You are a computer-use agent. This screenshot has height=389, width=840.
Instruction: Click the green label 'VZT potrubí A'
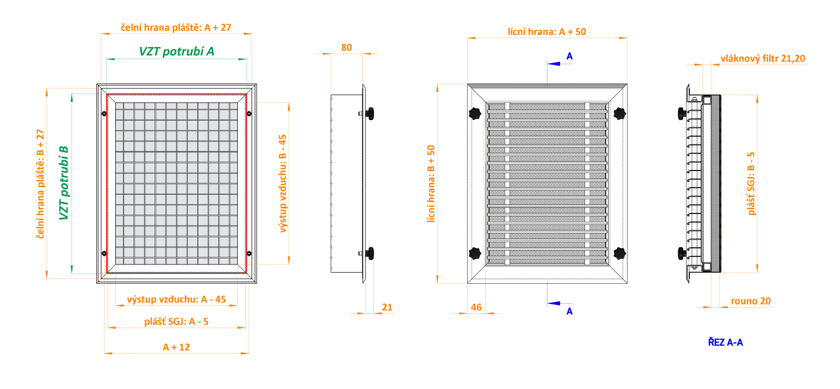[x=176, y=51]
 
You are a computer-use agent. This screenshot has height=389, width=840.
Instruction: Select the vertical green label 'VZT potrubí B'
[x=64, y=183]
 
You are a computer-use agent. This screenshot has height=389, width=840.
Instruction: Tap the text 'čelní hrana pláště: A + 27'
[x=176, y=27]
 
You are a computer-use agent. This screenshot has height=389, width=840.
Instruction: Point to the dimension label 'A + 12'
[x=176, y=347]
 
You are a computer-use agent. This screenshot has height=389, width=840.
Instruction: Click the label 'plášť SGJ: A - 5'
[x=176, y=321]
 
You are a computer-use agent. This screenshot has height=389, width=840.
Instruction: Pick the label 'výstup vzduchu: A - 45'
[x=176, y=299]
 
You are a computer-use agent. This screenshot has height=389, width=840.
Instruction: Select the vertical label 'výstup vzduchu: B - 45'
[x=283, y=184]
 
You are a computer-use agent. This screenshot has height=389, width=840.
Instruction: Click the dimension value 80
[x=346, y=48]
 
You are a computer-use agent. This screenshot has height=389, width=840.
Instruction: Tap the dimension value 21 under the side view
[x=387, y=307]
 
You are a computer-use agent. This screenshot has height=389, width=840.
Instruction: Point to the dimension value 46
[x=477, y=307]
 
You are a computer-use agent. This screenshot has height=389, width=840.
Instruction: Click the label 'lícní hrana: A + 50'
[x=547, y=32]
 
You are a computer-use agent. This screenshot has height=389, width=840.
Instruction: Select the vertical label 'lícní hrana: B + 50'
[x=431, y=184]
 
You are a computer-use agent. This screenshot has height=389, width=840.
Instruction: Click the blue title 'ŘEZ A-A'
[x=725, y=342]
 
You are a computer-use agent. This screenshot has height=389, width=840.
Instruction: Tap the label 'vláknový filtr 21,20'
[x=763, y=59]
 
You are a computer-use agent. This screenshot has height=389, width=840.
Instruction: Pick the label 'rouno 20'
[x=751, y=301]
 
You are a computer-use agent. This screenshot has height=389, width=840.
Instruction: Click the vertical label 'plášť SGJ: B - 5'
[x=751, y=184]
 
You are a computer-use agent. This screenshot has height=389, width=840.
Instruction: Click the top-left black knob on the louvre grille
[x=475, y=113]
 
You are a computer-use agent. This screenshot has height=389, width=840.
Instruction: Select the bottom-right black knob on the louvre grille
[x=619, y=253]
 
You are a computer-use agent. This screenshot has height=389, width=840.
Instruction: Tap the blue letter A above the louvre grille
[x=569, y=56]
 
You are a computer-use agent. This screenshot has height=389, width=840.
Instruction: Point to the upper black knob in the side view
[x=370, y=113]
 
